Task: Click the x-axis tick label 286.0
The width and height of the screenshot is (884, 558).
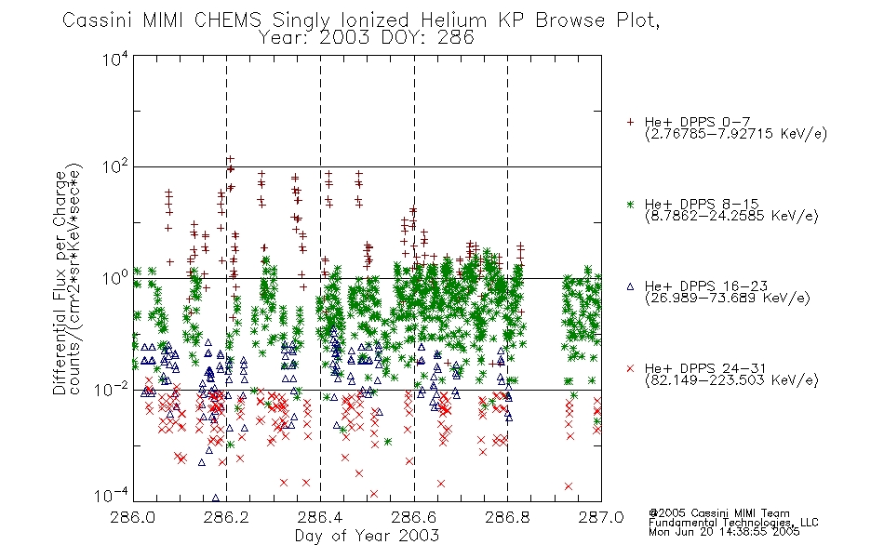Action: [x=133, y=517]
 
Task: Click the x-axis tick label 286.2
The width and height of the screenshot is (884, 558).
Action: [x=227, y=517]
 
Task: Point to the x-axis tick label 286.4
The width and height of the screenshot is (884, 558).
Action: [x=320, y=517]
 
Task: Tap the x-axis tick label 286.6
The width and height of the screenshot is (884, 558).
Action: [x=414, y=517]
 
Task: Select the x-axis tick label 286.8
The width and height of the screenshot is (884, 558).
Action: [x=507, y=517]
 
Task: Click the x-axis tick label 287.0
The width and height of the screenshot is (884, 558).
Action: [x=601, y=517]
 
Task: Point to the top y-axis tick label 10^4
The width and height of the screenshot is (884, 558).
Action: [x=115, y=59]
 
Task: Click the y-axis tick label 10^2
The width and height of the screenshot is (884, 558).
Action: [x=115, y=167]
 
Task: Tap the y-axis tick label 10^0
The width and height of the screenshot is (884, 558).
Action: [x=115, y=278]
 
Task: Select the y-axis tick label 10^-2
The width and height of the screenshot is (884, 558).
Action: [x=112, y=389]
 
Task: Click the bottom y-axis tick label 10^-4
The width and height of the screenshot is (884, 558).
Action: [x=112, y=496]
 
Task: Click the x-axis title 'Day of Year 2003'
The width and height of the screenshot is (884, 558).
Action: [x=367, y=536]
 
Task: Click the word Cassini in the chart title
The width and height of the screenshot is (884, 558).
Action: [x=98, y=20]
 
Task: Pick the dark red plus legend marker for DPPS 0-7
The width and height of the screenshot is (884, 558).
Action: [x=630, y=122]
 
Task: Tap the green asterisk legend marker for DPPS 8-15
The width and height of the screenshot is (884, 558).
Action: [x=630, y=205]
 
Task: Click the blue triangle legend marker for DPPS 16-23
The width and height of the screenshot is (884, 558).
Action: [x=630, y=286]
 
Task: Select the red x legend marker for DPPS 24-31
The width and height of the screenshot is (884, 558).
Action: [x=630, y=368]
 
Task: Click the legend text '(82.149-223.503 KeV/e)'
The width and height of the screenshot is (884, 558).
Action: [x=731, y=380]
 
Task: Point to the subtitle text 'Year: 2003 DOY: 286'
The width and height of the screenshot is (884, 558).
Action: [x=366, y=38]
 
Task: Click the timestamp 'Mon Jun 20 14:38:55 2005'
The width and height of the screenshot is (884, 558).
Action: [x=724, y=532]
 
